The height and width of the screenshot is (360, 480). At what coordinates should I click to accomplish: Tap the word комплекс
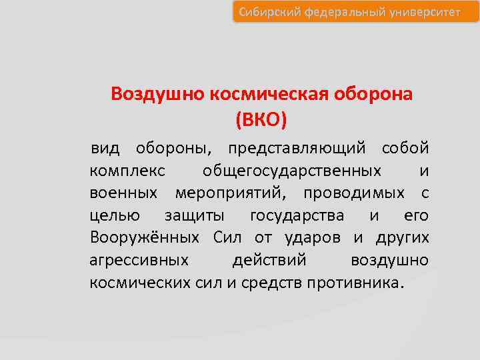127,170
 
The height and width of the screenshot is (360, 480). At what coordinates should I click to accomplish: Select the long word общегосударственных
292,170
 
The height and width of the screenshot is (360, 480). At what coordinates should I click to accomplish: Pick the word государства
297,215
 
